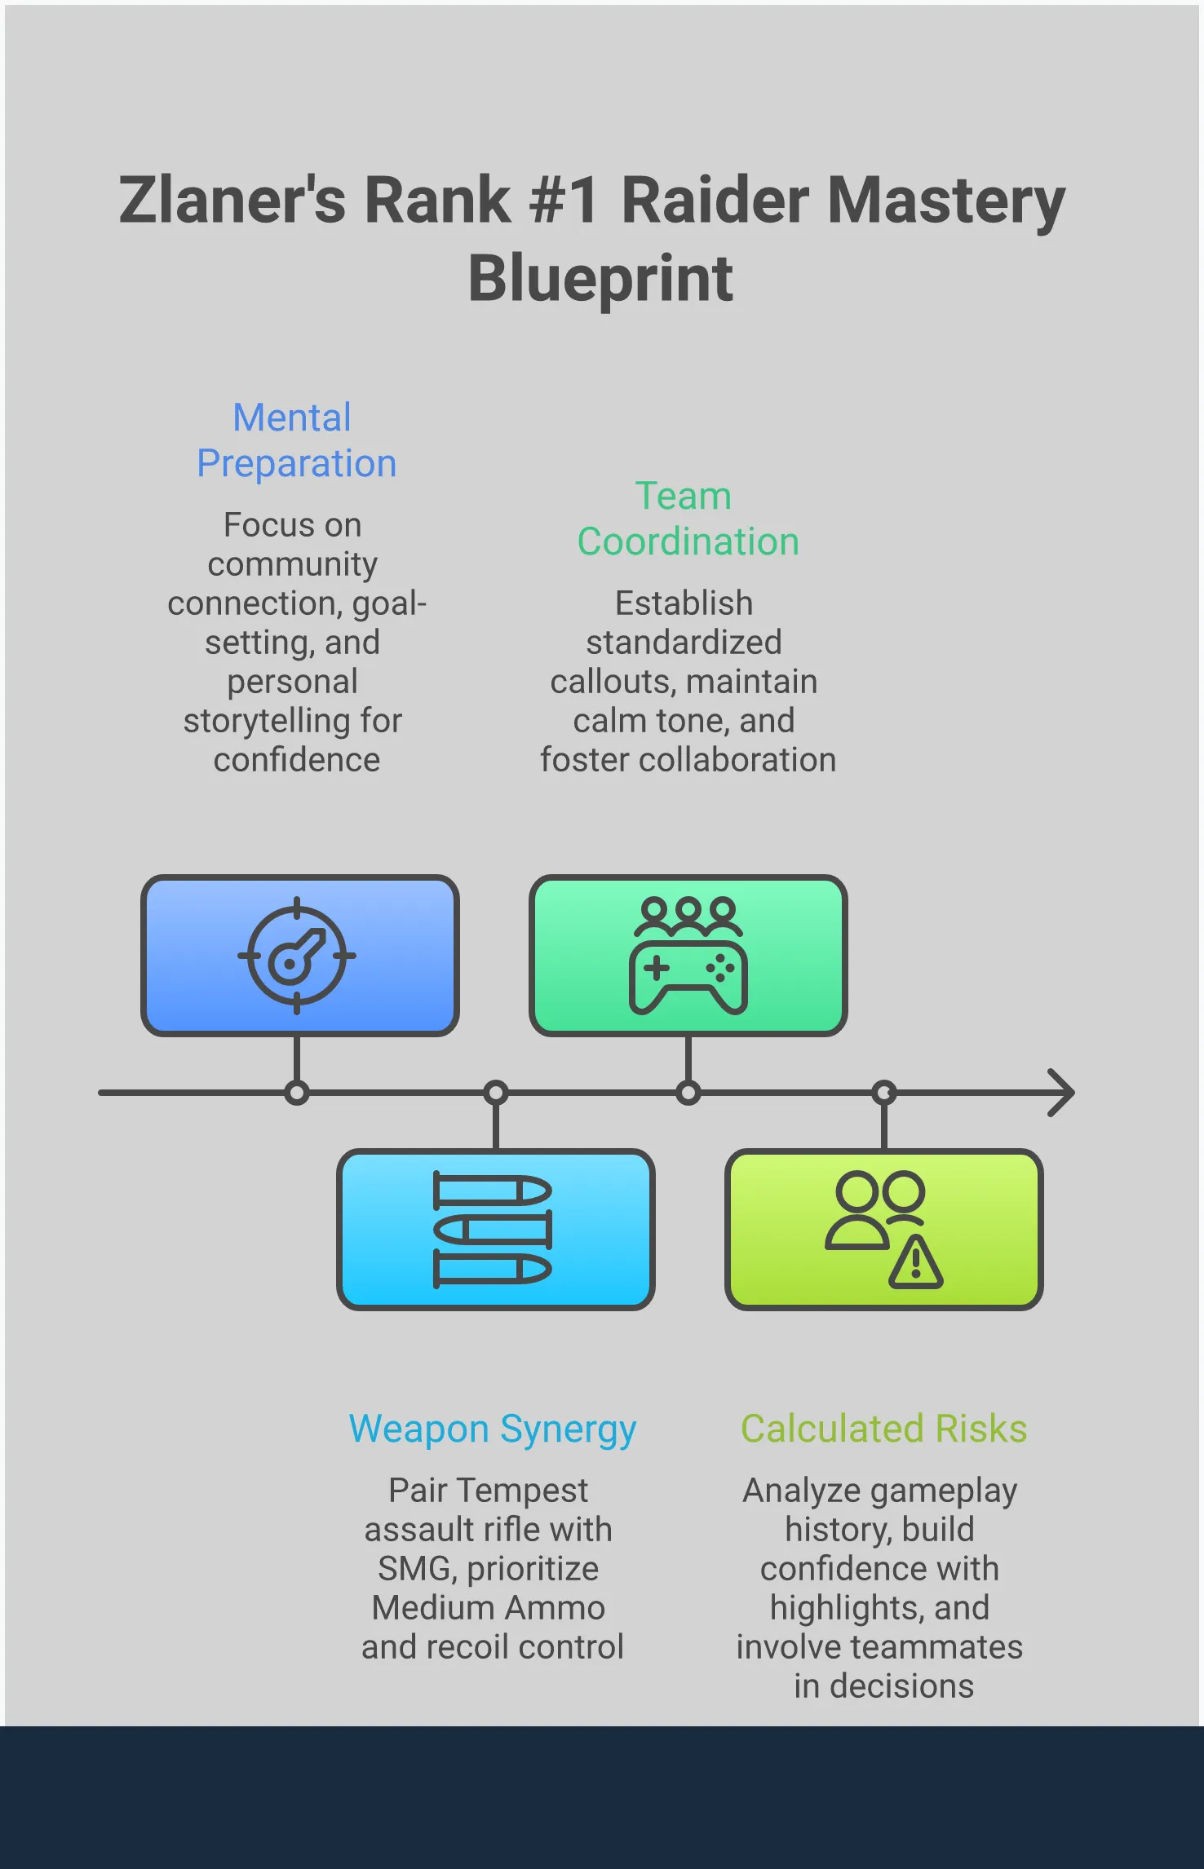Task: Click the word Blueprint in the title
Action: coord(600,279)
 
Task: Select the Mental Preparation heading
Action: coord(296,440)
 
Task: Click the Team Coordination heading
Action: coord(688,519)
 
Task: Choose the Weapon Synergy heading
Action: coord(493,1429)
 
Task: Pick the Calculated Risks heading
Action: coord(883,1429)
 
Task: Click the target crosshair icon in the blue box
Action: coord(297,956)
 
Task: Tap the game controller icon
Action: coord(688,977)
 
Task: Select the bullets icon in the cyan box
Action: coord(493,1230)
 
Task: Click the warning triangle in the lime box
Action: coord(916,1263)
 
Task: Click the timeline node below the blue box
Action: coord(297,1093)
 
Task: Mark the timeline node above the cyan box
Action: coord(496,1093)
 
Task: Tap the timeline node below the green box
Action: coord(688,1093)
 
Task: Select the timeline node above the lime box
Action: coord(884,1093)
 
